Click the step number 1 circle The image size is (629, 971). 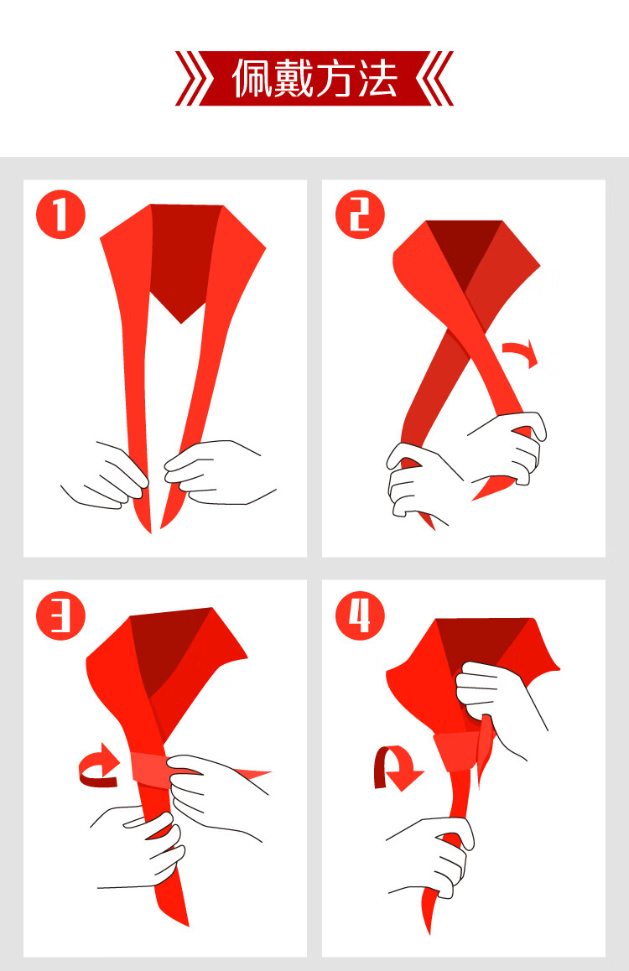pos(60,215)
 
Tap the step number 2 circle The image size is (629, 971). pos(360,215)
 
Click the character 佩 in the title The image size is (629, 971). pos(252,79)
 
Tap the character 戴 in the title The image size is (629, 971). pos(294,79)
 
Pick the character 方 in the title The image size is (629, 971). pos(335,79)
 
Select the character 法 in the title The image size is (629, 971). pos(377,79)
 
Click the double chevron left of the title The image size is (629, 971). pos(194,79)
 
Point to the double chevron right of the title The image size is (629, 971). pos(434,79)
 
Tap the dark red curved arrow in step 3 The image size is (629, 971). pos(99,766)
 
